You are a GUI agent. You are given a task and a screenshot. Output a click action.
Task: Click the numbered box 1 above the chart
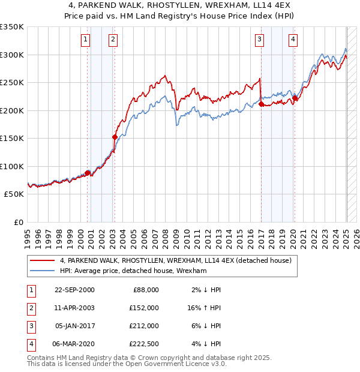tap(86, 40)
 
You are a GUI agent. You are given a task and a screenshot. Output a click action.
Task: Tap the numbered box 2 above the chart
tap(113, 40)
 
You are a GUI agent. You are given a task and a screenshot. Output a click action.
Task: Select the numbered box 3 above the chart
tap(259, 40)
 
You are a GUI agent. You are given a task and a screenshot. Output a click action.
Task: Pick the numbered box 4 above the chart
tap(293, 40)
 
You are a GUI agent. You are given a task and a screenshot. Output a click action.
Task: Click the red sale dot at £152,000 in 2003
tap(115, 137)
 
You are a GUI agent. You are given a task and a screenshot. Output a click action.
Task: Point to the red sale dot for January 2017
tap(261, 104)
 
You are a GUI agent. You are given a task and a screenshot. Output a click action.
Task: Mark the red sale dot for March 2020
tap(295, 98)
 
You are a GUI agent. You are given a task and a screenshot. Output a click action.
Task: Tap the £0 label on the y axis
tap(19, 223)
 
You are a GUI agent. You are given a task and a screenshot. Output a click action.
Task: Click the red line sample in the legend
tap(43, 260)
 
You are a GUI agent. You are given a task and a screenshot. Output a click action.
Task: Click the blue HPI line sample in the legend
tap(43, 271)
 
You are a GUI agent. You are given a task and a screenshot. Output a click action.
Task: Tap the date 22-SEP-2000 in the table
tap(74, 290)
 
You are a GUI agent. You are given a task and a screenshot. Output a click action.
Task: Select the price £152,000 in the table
tap(145, 307)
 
